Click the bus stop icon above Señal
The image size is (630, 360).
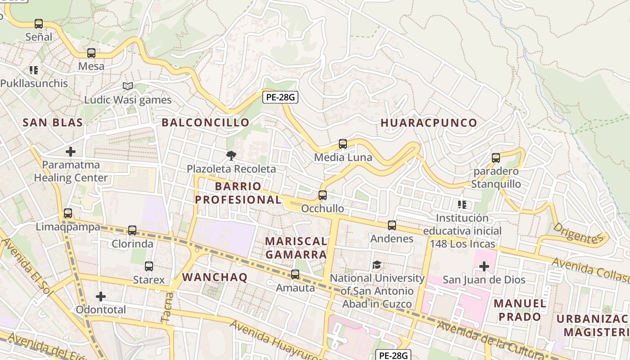[x=39, y=23]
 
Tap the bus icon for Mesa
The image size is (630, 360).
[x=91, y=53]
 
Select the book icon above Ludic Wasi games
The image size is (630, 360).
[x=128, y=86]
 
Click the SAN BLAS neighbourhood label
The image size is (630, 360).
[x=53, y=122]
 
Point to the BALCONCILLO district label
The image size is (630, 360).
[x=205, y=122]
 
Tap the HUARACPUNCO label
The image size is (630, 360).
[x=429, y=123]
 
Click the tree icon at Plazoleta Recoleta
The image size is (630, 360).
[x=231, y=156]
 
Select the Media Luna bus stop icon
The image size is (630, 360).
[x=343, y=144]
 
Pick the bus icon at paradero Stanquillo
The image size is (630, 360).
[x=496, y=158]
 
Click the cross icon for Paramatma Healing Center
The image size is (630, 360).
[x=71, y=152]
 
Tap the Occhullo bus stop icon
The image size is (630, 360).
[x=323, y=195]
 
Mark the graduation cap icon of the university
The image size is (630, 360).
[x=377, y=265]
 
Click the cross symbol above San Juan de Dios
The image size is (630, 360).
[x=484, y=266]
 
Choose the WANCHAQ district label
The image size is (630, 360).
[x=215, y=277]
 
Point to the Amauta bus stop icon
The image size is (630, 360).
[x=295, y=274]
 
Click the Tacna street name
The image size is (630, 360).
[x=167, y=307]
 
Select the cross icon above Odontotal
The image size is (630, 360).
[x=101, y=297]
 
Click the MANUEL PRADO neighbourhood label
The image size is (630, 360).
[x=520, y=310]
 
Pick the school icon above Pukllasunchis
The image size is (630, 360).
[x=34, y=70]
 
